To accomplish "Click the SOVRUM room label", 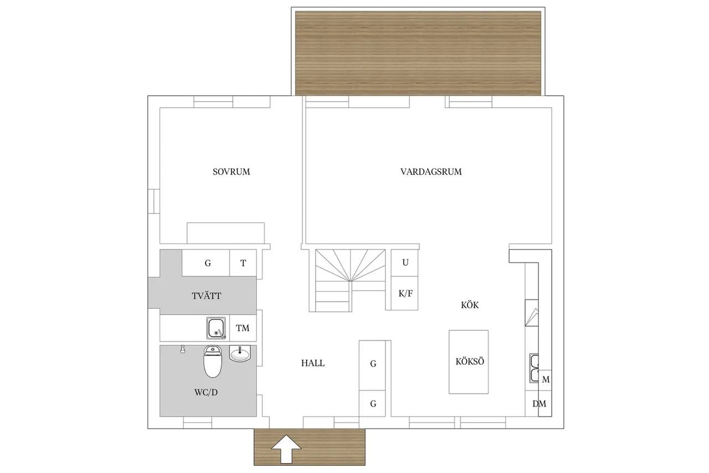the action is click(x=231, y=172).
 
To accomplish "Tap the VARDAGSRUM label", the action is click(x=431, y=172).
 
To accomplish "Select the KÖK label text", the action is click(x=470, y=305).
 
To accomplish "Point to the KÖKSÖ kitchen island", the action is click(x=469, y=362).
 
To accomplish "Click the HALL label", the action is click(x=313, y=363).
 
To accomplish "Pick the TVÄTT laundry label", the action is click(x=207, y=296).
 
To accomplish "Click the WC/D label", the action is click(x=206, y=392).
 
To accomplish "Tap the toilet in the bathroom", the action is click(x=213, y=362).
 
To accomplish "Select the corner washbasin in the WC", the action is click(x=240, y=353).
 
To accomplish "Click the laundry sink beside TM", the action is click(x=217, y=328).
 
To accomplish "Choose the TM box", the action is click(x=243, y=328).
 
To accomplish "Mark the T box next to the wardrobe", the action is click(x=243, y=263).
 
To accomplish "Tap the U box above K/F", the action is click(x=405, y=263).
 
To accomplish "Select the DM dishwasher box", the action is click(x=539, y=403).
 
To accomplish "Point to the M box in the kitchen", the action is click(x=545, y=379).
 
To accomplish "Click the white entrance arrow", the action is click(x=286, y=449).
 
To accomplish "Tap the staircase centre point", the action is click(x=350, y=281).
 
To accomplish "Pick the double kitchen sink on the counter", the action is click(x=534, y=368).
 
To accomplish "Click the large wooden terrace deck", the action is click(x=418, y=53).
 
